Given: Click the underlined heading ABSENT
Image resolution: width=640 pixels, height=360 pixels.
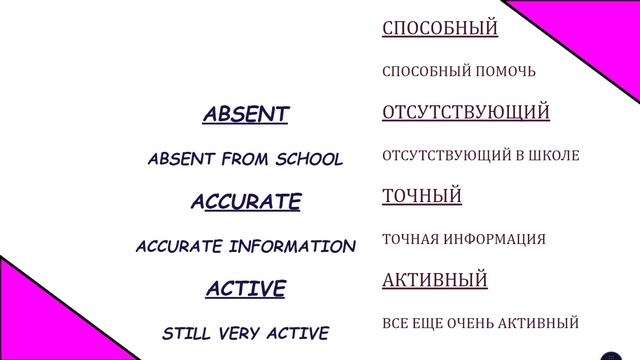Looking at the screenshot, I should [245, 115].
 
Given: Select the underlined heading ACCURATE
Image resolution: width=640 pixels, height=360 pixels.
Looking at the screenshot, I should [245, 202].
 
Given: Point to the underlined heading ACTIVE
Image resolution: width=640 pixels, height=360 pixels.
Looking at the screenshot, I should [245, 290].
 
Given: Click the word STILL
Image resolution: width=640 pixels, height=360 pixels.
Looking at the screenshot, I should [187, 333].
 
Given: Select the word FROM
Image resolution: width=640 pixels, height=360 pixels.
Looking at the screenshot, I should [247, 159].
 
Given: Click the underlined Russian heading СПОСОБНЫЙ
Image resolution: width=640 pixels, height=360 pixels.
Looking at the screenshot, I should [440, 28].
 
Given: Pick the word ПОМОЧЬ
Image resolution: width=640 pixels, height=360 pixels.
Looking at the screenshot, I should [503, 72].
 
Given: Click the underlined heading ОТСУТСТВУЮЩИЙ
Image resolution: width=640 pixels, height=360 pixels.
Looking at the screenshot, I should [466, 112].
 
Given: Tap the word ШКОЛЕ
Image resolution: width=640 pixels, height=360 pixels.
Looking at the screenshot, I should [554, 156].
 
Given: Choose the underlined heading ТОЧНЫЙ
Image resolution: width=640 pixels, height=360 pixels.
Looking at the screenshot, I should [422, 196].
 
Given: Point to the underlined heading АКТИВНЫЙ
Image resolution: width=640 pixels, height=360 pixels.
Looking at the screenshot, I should [435, 280].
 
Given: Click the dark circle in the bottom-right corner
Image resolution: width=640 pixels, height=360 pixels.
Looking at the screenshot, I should [612, 356].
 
